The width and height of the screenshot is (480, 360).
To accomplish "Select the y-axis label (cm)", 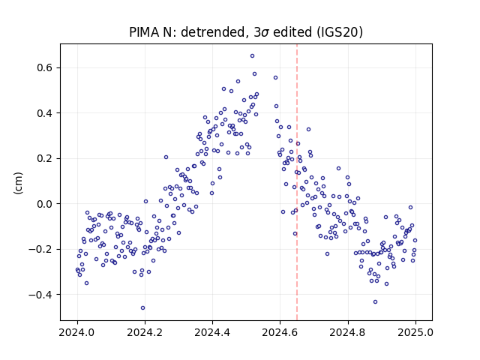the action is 18,183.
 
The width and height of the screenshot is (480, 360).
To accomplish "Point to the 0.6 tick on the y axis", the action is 45,67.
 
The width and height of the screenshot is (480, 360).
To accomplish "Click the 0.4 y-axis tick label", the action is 45,113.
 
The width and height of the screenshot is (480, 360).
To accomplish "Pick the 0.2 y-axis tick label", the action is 45,158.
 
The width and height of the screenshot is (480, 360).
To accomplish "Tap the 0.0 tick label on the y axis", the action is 45,204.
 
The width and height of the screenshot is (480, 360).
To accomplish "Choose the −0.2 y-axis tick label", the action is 41,249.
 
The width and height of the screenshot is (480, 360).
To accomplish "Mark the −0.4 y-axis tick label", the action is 41,295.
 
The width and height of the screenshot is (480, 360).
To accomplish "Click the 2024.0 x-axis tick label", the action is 77,332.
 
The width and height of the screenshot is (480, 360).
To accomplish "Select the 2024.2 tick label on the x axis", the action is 145,332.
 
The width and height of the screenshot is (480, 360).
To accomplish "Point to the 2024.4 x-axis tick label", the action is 212,332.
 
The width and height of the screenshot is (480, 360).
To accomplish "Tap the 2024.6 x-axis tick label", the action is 280,332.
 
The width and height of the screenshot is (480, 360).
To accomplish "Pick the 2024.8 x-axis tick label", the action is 348,332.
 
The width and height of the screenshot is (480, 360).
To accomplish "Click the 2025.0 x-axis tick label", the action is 415,332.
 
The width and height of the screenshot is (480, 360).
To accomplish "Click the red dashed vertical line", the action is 297,182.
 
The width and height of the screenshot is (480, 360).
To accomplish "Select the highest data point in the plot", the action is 253,56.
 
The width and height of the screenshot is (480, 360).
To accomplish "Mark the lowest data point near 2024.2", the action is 143,308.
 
